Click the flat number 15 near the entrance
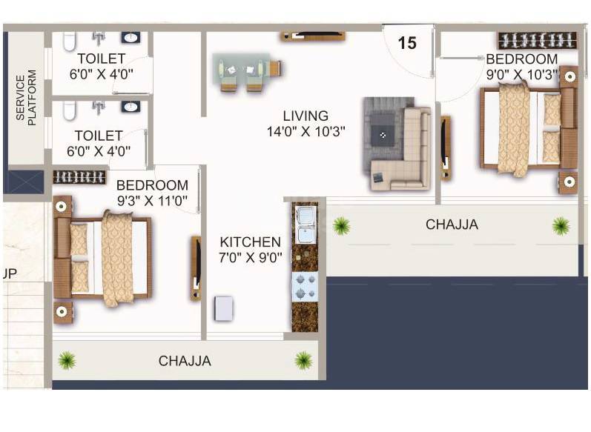coord(407,43)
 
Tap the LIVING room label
coord(305,116)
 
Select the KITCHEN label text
coord(250,242)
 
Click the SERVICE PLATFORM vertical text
coord(26,99)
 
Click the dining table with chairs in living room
coord(245,70)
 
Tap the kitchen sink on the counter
coord(305,224)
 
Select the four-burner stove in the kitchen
coord(306,286)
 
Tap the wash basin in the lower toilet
coord(131,107)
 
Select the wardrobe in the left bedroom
coord(79,176)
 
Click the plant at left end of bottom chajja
coord(67,360)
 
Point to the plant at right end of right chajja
coord(561,225)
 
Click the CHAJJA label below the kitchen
coord(185,362)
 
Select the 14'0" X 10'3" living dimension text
coord(306,133)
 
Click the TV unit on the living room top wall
coord(311,35)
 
